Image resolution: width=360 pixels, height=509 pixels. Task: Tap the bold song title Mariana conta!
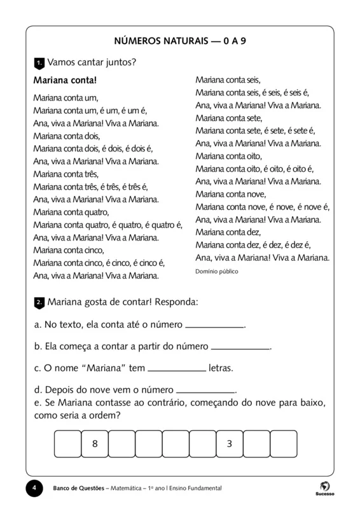click(x=64, y=81)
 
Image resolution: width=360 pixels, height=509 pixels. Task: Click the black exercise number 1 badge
click(x=38, y=62)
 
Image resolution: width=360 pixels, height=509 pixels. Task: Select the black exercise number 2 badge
click(x=38, y=302)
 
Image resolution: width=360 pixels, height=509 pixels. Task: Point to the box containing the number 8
click(x=95, y=444)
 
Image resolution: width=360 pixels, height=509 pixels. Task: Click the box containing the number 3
click(x=229, y=444)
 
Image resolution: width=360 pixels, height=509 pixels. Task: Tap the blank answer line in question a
click(x=214, y=326)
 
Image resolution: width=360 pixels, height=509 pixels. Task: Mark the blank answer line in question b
click(x=240, y=348)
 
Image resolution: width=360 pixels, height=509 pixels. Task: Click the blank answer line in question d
click(x=205, y=391)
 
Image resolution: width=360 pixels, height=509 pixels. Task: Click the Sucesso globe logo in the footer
click(x=324, y=485)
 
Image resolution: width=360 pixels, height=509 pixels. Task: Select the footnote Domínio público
click(x=217, y=271)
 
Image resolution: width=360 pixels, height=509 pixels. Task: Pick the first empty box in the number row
click(x=68, y=444)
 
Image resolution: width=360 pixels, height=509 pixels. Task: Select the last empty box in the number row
click(x=283, y=444)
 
